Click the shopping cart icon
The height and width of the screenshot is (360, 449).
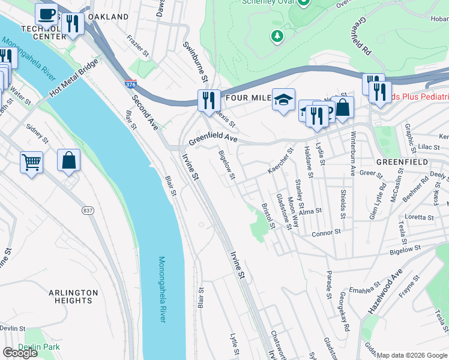coord(31,161)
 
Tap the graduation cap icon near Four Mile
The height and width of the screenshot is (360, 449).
coord(283,99)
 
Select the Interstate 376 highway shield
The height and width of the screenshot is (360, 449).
coord(131,85)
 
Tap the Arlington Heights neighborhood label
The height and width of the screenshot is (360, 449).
coord(73,297)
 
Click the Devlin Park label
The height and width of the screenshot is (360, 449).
coord(39,347)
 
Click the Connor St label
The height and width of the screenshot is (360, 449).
coord(326,232)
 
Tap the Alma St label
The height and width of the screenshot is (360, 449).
coord(311,211)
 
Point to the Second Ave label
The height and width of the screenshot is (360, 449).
coord(145,113)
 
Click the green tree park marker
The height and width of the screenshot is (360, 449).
coord(277,37)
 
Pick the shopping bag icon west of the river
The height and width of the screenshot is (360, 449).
coord(68,160)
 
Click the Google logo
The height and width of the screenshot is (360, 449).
coord(20,353)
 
